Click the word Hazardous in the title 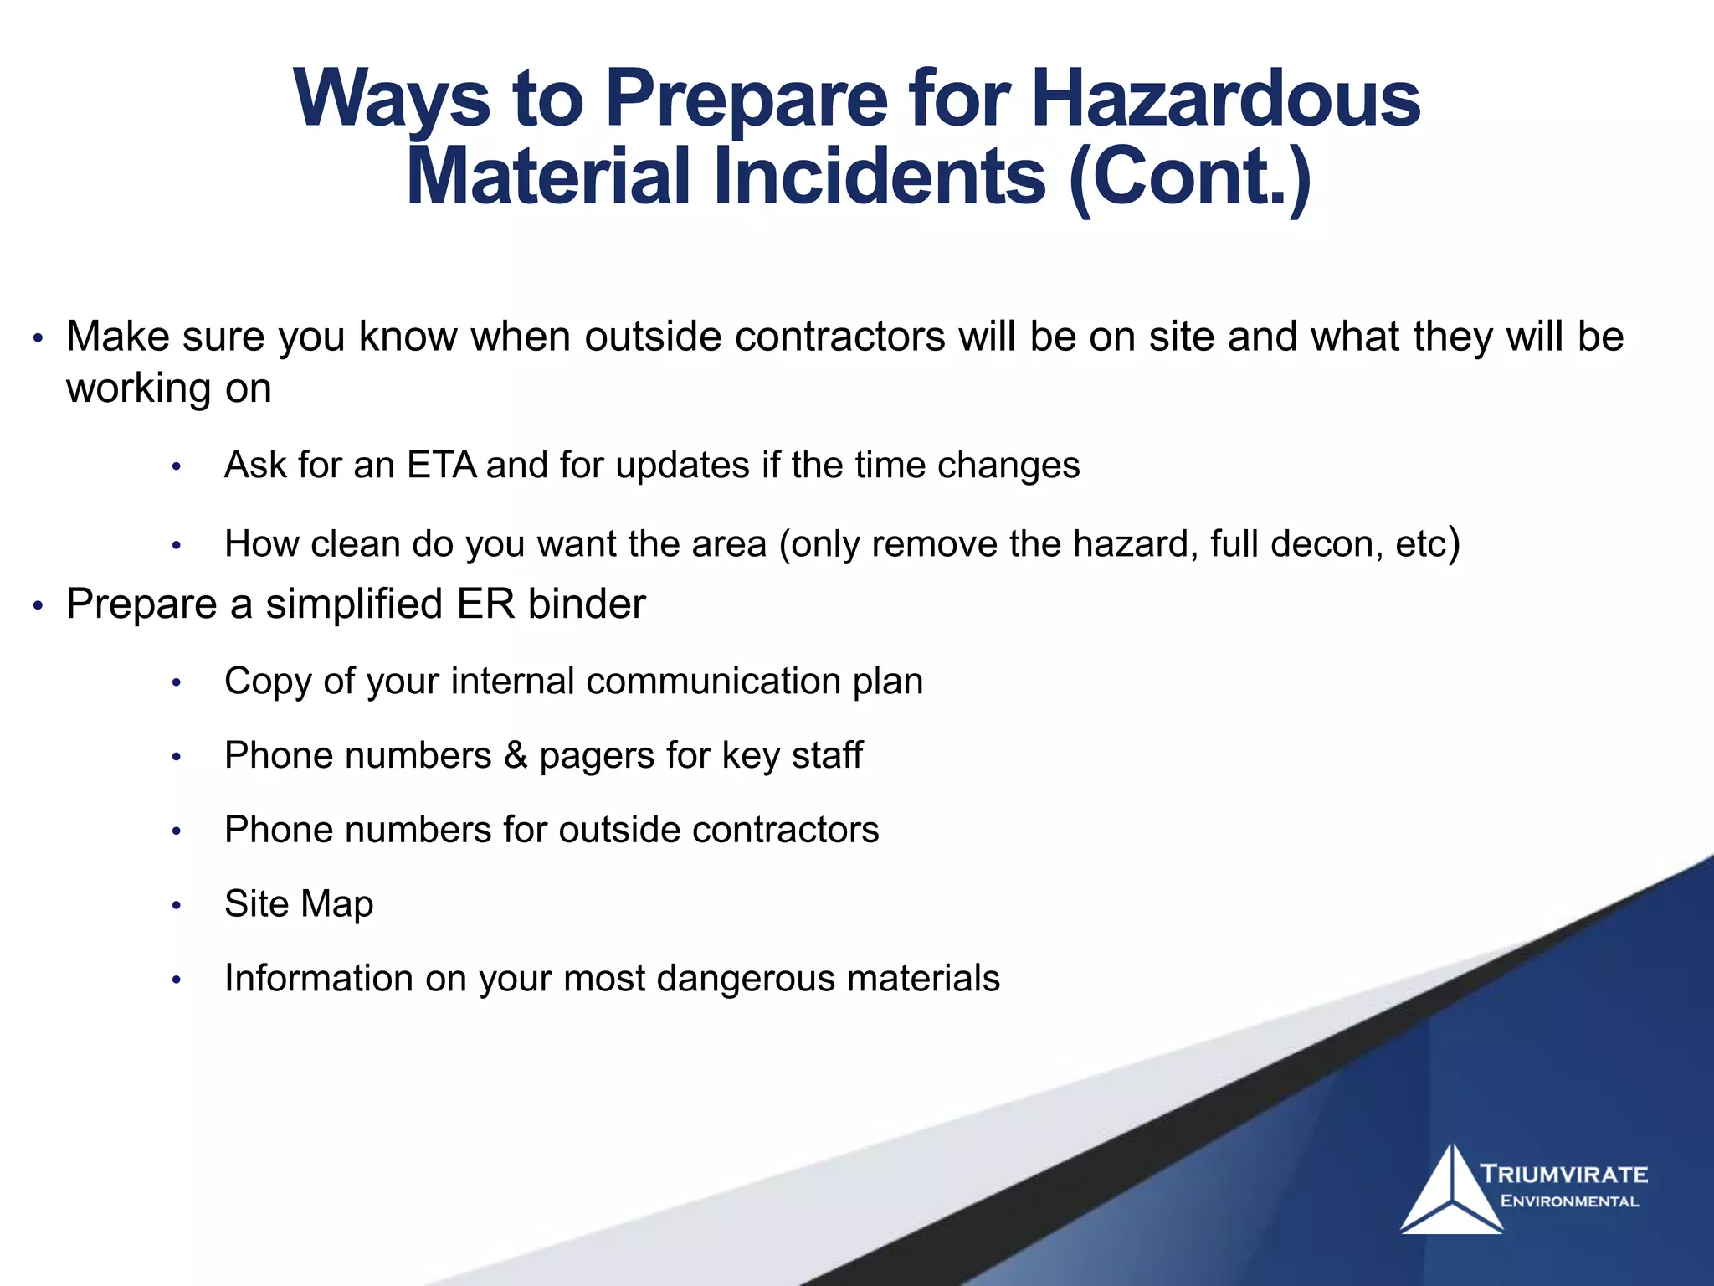tap(1225, 99)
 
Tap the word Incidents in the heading tap(879, 177)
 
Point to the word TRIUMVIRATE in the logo tap(1563, 1174)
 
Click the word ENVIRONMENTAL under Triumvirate tap(1569, 1201)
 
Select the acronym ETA tap(442, 465)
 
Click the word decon tap(1326, 544)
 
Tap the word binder tap(587, 604)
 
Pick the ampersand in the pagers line tap(516, 755)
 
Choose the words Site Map tap(299, 904)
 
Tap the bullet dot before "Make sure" tap(37, 339)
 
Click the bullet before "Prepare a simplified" tap(37, 606)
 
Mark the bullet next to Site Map tap(176, 906)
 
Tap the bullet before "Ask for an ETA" tap(176, 467)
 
